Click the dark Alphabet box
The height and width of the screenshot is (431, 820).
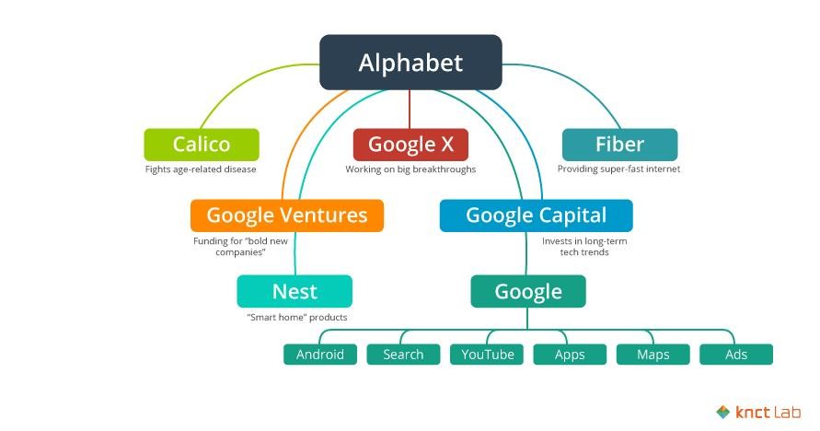[x=410, y=63]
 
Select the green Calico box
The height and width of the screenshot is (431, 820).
[x=202, y=145]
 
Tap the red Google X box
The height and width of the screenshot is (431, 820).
[x=410, y=145]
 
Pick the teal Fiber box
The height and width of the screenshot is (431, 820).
[x=619, y=145]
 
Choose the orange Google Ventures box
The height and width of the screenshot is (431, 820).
[x=287, y=215]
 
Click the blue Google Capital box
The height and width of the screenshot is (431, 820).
[x=536, y=215]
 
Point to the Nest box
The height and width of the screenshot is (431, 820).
[x=295, y=291]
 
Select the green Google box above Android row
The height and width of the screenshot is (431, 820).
[x=528, y=291]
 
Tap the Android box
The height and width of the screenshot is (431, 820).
[x=320, y=355]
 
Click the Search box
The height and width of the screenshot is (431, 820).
[x=403, y=355]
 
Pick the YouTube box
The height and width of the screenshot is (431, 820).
[x=487, y=355]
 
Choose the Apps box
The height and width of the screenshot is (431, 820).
[x=570, y=355]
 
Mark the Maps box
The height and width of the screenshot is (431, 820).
[x=653, y=355]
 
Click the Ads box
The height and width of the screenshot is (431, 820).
[x=736, y=355]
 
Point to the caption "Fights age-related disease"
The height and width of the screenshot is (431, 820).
[x=201, y=169]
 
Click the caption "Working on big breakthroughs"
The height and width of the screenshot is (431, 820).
[x=410, y=169]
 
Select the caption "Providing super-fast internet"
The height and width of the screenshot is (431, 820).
[x=618, y=169]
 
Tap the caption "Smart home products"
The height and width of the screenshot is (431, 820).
[x=297, y=318]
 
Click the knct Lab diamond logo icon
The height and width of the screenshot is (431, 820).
[x=723, y=413]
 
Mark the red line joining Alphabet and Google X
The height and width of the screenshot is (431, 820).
[x=410, y=110]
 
